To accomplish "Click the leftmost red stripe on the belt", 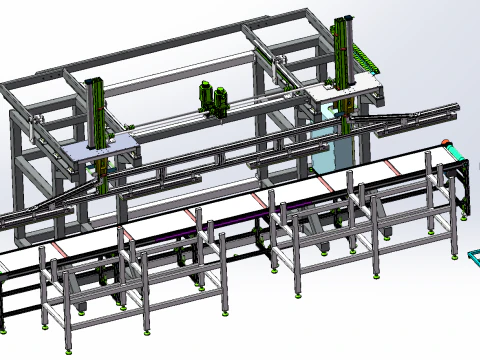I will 59,247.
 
